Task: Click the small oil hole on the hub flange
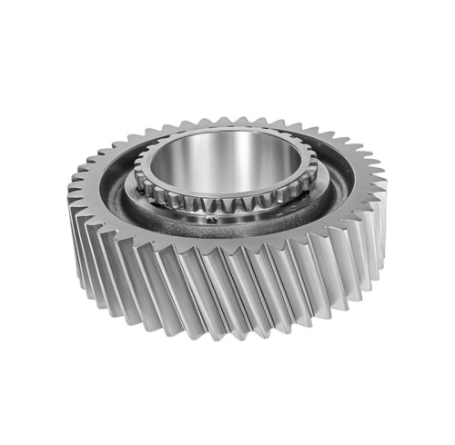tap(210, 218)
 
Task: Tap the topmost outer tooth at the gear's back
tap(227, 117)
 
